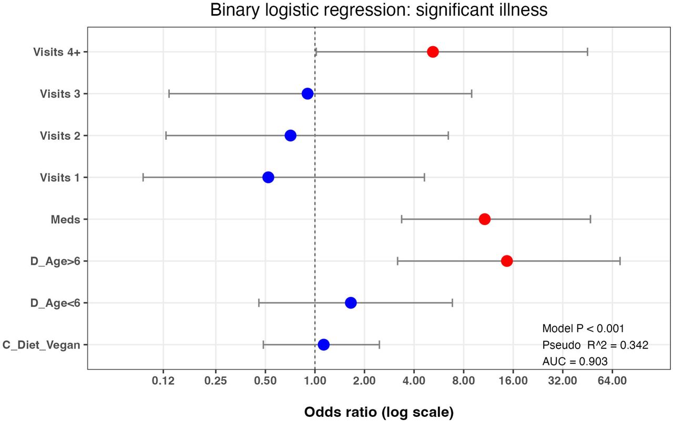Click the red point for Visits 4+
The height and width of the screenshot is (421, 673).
point(433,52)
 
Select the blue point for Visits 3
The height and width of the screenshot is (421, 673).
point(308,94)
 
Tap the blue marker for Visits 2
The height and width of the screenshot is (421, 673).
point(290,136)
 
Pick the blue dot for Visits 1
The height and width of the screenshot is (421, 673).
point(268,177)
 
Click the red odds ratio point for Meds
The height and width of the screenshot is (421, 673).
point(485,219)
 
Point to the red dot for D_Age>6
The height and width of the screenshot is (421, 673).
point(507,261)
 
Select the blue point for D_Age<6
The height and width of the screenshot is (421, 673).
point(351,303)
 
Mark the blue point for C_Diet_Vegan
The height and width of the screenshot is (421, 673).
point(323,344)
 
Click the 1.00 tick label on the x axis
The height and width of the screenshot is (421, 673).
point(315,381)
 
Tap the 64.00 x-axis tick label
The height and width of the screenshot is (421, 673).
point(612,381)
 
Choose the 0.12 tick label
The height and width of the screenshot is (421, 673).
point(163,381)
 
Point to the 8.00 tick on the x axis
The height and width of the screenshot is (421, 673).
point(463,381)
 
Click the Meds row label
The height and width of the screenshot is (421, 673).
point(66,220)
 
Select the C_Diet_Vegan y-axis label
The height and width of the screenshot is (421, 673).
point(42,345)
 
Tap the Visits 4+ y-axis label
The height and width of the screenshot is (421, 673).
point(57,52)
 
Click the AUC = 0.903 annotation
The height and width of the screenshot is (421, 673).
point(575,361)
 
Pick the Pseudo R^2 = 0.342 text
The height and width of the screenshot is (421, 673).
point(595,345)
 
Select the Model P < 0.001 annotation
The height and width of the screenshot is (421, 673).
point(583,328)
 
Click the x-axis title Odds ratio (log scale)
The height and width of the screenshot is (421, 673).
point(379,412)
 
